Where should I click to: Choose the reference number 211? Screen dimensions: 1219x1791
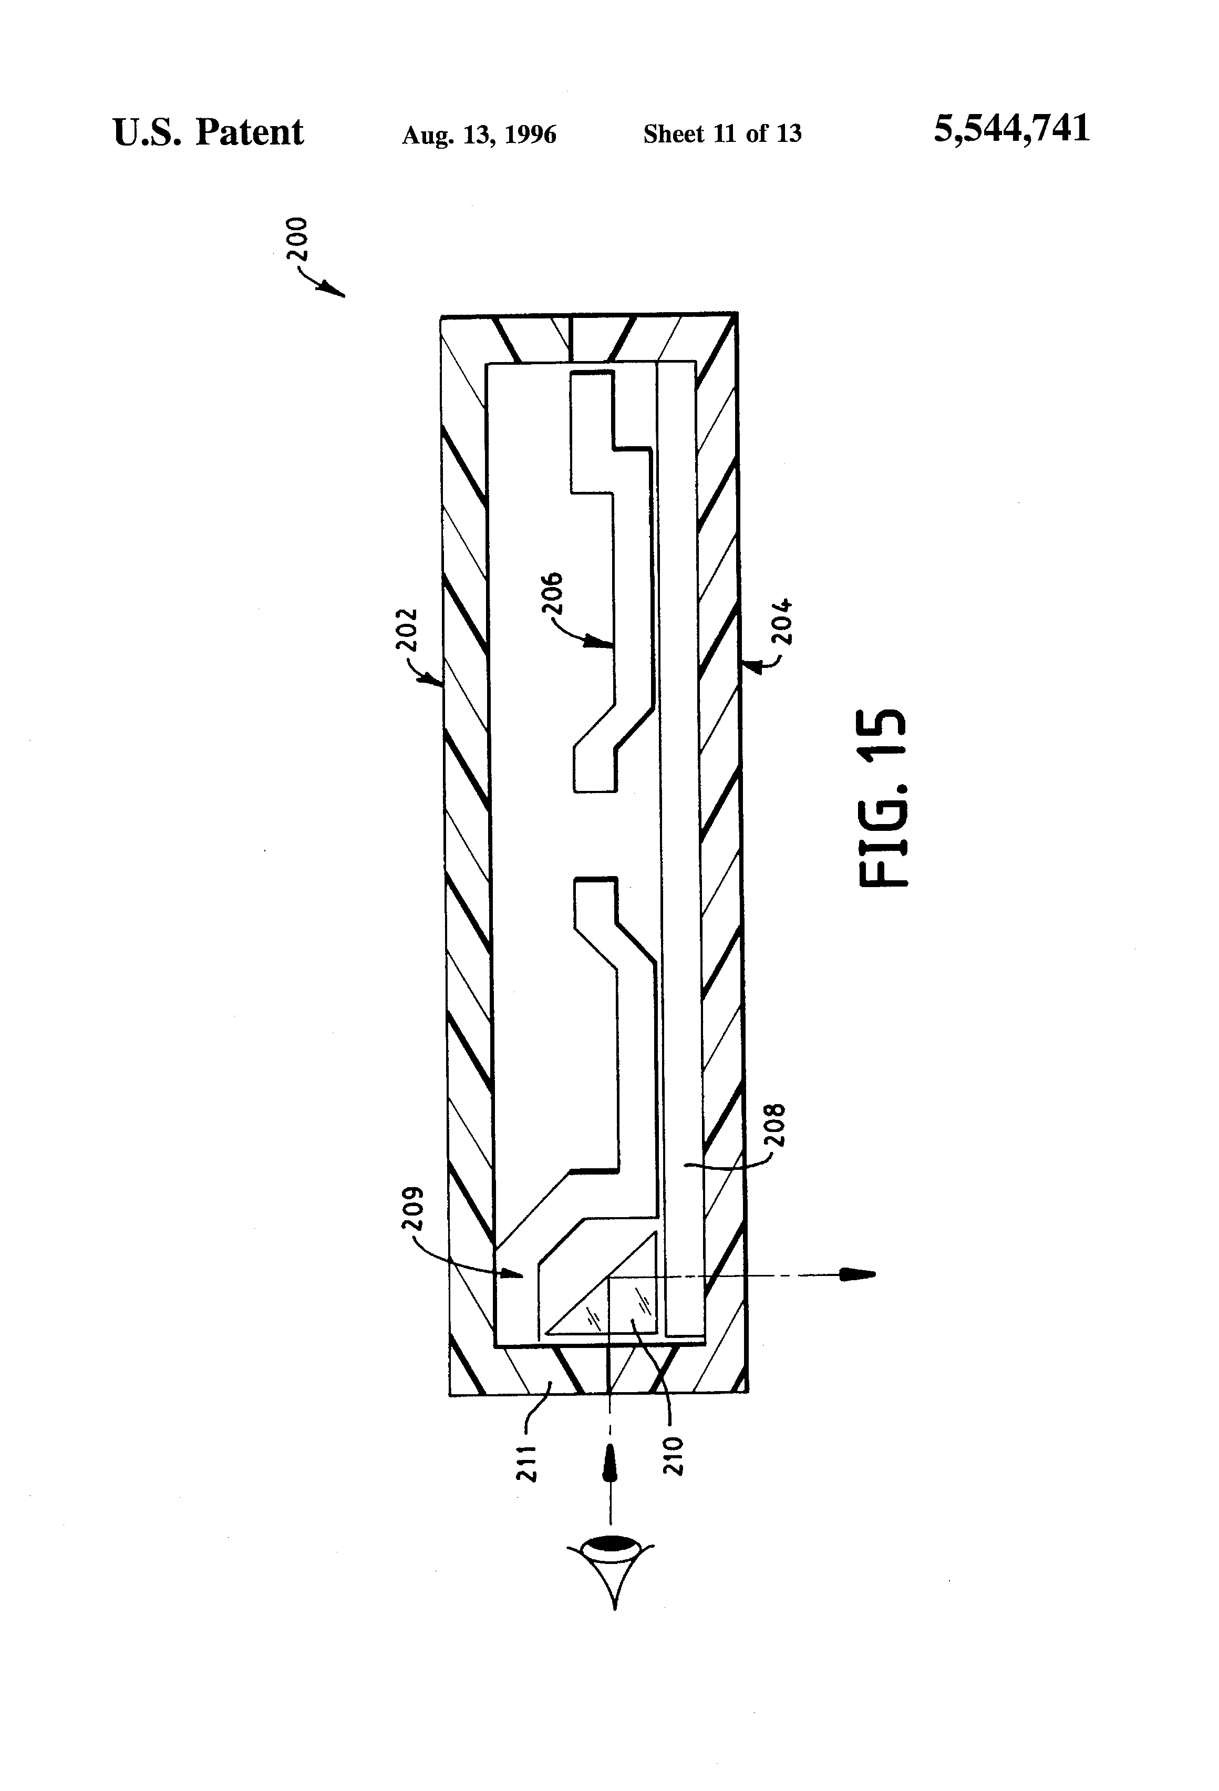(x=526, y=1463)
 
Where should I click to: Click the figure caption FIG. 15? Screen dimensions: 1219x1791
(x=883, y=798)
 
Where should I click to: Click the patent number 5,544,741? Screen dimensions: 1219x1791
(x=1012, y=129)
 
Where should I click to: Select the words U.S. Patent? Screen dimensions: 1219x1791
(x=208, y=132)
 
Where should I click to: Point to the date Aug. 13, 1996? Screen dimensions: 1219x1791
(x=479, y=135)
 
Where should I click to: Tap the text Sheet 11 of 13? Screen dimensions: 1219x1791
(x=722, y=134)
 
